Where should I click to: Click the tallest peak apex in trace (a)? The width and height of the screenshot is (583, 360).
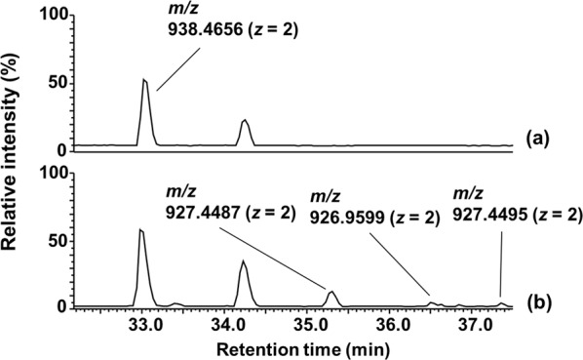pyautogui.click(x=144, y=80)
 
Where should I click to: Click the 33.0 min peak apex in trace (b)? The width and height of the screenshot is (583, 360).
pyautogui.click(x=141, y=229)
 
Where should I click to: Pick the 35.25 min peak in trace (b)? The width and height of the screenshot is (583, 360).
pyautogui.click(x=331, y=291)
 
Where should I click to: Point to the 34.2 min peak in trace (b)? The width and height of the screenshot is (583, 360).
pyautogui.click(x=242, y=260)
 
